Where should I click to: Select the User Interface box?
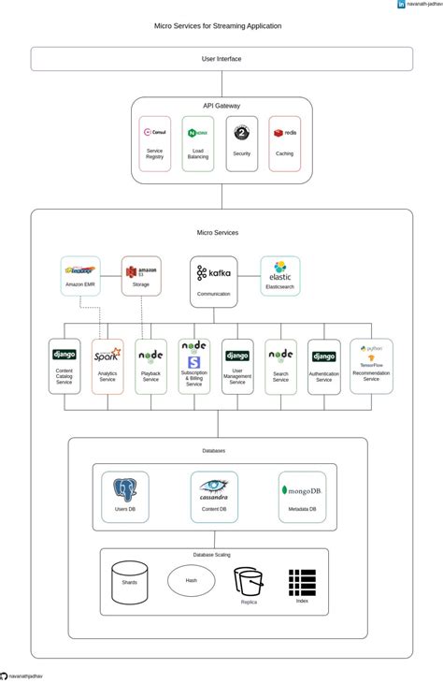[x=221, y=59]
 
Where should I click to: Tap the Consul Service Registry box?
[x=154, y=143]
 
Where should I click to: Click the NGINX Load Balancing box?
[x=198, y=143]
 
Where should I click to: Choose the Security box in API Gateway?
[x=241, y=143]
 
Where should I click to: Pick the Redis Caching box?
[x=284, y=143]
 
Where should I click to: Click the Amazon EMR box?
[x=80, y=276]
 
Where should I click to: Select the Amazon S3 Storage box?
[x=141, y=276]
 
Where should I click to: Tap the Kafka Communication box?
[x=214, y=281]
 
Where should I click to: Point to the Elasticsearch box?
[x=280, y=276]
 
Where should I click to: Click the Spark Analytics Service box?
[x=107, y=366]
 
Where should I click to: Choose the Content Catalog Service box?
[x=64, y=366]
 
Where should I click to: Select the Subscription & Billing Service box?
[x=194, y=366]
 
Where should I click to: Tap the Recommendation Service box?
[x=371, y=366]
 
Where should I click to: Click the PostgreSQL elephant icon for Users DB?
[x=124, y=490]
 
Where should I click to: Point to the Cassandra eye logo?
[x=214, y=486]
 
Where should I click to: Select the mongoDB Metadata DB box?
[x=302, y=497]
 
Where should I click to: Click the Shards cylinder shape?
[x=129, y=582]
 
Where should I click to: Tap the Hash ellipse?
[x=191, y=580]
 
